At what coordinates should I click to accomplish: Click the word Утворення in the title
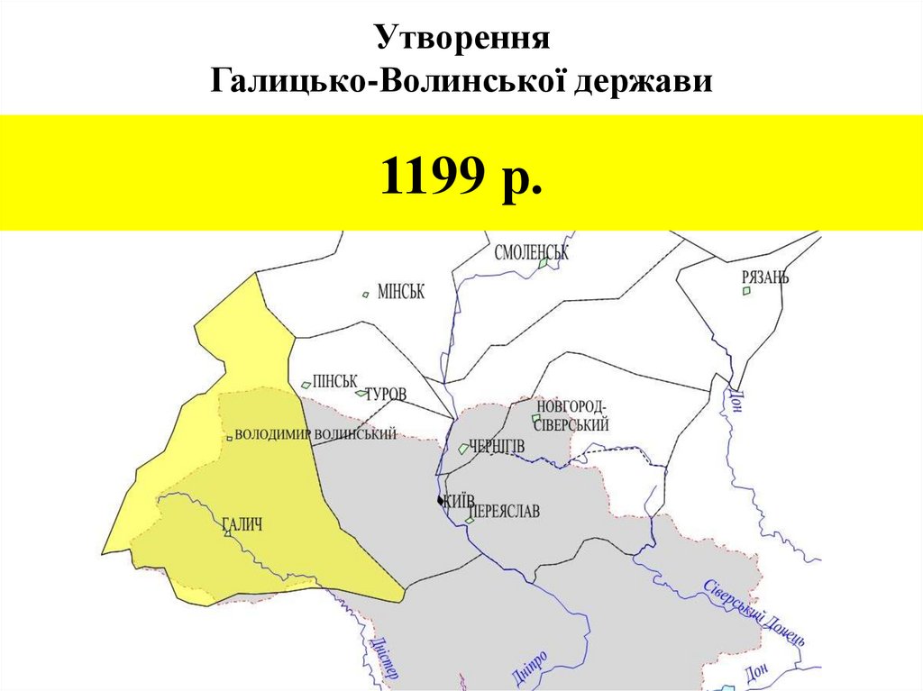pos(462,40)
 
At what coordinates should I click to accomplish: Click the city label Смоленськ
pos(532,253)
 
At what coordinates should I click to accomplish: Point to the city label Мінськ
pos(400,292)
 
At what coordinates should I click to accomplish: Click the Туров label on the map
pos(386,395)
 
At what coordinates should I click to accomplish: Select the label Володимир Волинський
pos(315,434)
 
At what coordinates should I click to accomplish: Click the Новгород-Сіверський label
pos(572,416)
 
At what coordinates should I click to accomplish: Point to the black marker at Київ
pos(440,501)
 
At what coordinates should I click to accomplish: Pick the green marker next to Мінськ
pos(365,294)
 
